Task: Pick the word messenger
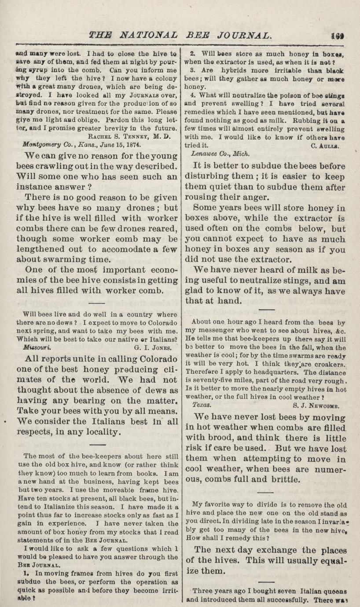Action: point(214,330)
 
